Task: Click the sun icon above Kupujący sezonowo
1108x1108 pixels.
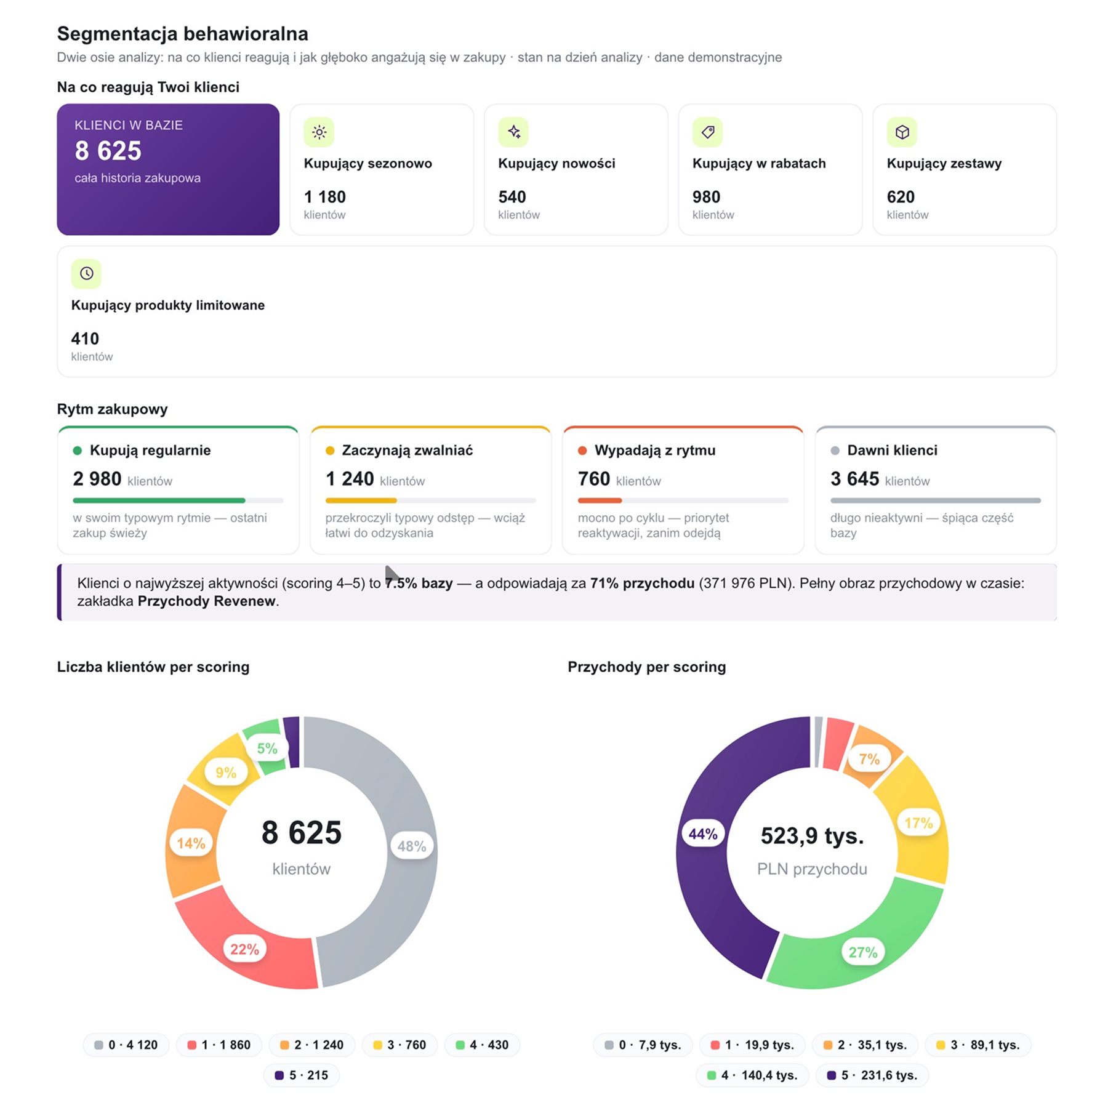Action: [x=319, y=132]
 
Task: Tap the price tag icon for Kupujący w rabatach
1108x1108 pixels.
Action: [x=708, y=132]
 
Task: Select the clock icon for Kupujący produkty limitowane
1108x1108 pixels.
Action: [x=86, y=273]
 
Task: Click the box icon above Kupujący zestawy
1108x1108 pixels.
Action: [x=902, y=132]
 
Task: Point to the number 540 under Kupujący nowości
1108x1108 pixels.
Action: [x=512, y=197]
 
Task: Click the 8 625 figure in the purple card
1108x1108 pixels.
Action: [x=108, y=151]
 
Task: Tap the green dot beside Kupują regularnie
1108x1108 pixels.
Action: [x=78, y=451]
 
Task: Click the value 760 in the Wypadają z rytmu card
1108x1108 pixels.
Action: [x=594, y=479]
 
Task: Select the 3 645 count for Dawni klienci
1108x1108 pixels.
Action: [x=855, y=479]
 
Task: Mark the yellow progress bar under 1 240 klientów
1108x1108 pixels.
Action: [x=361, y=500]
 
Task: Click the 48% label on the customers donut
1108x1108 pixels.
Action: [x=412, y=846]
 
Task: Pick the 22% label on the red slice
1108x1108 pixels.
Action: [x=245, y=949]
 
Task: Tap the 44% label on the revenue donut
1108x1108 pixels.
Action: [x=703, y=834]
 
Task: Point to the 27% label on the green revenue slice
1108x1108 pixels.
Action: [x=863, y=952]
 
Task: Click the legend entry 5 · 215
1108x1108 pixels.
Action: [x=302, y=1075]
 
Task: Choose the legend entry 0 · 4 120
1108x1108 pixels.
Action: [x=126, y=1045]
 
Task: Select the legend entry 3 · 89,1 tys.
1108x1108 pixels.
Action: [x=978, y=1045]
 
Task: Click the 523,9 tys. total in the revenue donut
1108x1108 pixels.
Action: [x=813, y=836]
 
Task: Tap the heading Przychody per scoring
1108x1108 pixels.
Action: [x=647, y=667]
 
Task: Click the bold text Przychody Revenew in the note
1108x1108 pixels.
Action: [x=207, y=601]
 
